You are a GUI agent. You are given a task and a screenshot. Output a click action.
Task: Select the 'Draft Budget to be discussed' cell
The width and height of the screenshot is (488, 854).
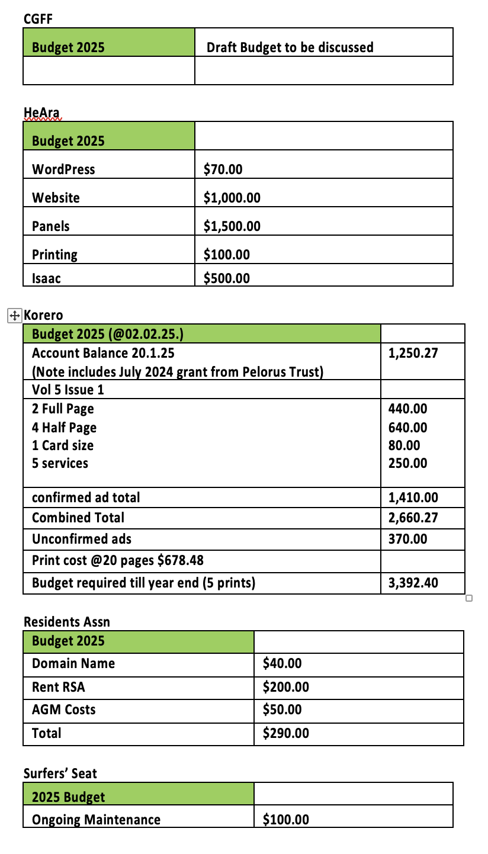point(290,47)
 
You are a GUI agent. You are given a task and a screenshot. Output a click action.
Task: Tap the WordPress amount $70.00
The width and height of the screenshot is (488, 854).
point(223,169)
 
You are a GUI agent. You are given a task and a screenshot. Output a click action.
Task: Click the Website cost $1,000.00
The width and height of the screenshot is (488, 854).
point(232,198)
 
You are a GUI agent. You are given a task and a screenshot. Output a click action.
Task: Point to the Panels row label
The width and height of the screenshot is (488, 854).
point(50,226)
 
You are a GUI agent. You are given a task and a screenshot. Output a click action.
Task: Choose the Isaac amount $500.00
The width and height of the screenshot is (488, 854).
point(226,278)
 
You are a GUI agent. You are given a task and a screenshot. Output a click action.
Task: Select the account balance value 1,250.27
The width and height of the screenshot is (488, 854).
point(413,354)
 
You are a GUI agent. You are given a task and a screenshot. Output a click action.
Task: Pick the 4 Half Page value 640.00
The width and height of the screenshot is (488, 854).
point(407,428)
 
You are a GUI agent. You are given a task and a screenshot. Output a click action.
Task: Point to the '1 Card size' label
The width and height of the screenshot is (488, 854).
point(62,445)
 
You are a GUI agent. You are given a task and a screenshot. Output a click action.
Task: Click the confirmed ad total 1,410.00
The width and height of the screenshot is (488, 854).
point(413,497)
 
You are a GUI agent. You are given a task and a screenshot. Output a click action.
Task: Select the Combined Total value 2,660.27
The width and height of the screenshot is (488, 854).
point(413,518)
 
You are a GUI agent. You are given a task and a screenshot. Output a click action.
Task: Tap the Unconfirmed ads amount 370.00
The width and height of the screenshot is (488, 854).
point(407,539)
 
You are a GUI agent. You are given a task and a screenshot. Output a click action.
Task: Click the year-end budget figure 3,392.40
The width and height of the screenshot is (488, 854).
point(413,583)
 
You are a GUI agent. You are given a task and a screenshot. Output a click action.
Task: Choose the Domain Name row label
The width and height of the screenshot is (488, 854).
point(73,663)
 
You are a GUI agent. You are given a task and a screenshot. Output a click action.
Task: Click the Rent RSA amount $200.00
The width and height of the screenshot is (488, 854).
point(285,687)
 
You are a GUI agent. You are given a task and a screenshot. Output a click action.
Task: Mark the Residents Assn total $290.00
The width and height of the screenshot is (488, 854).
point(285,733)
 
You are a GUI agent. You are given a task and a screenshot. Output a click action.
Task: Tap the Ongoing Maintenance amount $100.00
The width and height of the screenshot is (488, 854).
point(285,820)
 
